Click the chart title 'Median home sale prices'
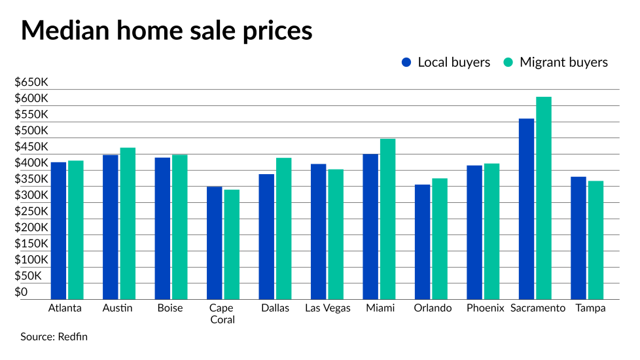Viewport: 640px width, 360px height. pyautogui.click(x=166, y=31)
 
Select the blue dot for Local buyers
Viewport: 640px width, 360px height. pyautogui.click(x=406, y=63)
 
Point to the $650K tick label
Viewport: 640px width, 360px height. pyautogui.click(x=32, y=82)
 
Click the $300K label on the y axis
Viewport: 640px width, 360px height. pyautogui.click(x=32, y=195)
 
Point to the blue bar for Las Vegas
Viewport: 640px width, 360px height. pyautogui.click(x=319, y=231)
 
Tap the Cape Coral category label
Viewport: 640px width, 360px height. pyautogui.click(x=222, y=314)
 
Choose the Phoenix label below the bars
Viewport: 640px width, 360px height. pyautogui.click(x=486, y=308)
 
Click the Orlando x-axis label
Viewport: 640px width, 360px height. pyautogui.click(x=432, y=308)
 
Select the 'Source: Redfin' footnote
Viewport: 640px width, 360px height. pyautogui.click(x=54, y=337)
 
